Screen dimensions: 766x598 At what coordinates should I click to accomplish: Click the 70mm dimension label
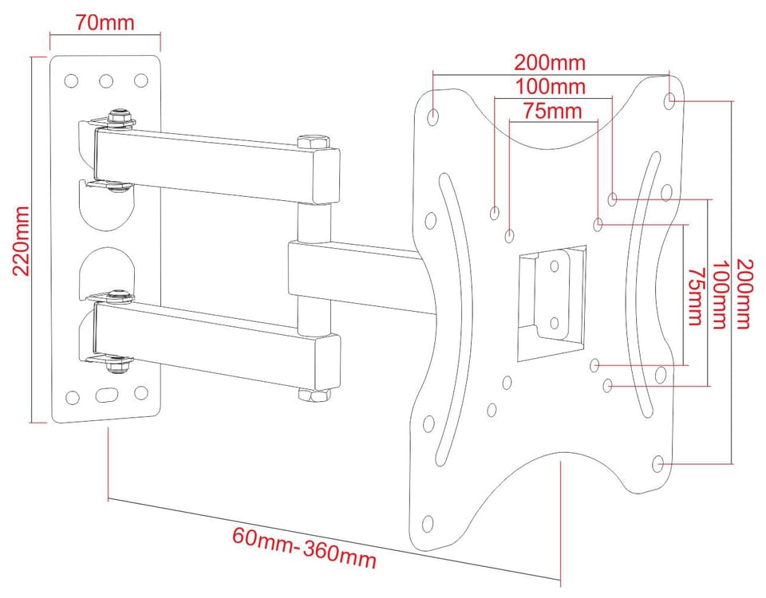tap(105, 22)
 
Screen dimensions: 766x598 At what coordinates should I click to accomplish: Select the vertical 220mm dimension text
tap(21, 241)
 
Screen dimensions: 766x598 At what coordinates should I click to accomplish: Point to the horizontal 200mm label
tap(550, 62)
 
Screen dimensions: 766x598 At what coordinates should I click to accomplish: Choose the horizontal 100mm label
tap(551, 86)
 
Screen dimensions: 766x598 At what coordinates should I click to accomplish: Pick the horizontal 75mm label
tap(552, 111)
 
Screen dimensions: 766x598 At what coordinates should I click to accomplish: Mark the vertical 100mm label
tap(720, 294)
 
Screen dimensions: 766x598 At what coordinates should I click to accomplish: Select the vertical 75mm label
tap(695, 296)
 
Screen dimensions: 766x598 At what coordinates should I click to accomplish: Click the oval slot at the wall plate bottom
tap(106, 395)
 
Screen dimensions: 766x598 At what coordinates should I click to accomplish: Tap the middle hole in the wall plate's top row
tap(106, 81)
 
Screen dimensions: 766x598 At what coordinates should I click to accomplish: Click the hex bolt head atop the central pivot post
tap(313, 142)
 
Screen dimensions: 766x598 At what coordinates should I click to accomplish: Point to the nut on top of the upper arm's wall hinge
tap(120, 116)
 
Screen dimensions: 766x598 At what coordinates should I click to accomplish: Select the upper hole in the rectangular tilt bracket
tap(555, 266)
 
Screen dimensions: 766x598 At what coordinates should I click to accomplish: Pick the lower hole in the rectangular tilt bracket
tap(554, 323)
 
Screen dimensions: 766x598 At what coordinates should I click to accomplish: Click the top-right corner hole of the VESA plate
tap(670, 100)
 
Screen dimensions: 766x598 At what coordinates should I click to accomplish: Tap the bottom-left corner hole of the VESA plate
tap(428, 523)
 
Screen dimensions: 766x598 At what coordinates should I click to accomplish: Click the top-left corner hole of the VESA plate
tap(432, 117)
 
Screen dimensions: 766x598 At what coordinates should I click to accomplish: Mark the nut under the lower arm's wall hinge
tap(118, 364)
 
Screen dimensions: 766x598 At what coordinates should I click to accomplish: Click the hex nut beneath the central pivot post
tap(313, 395)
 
